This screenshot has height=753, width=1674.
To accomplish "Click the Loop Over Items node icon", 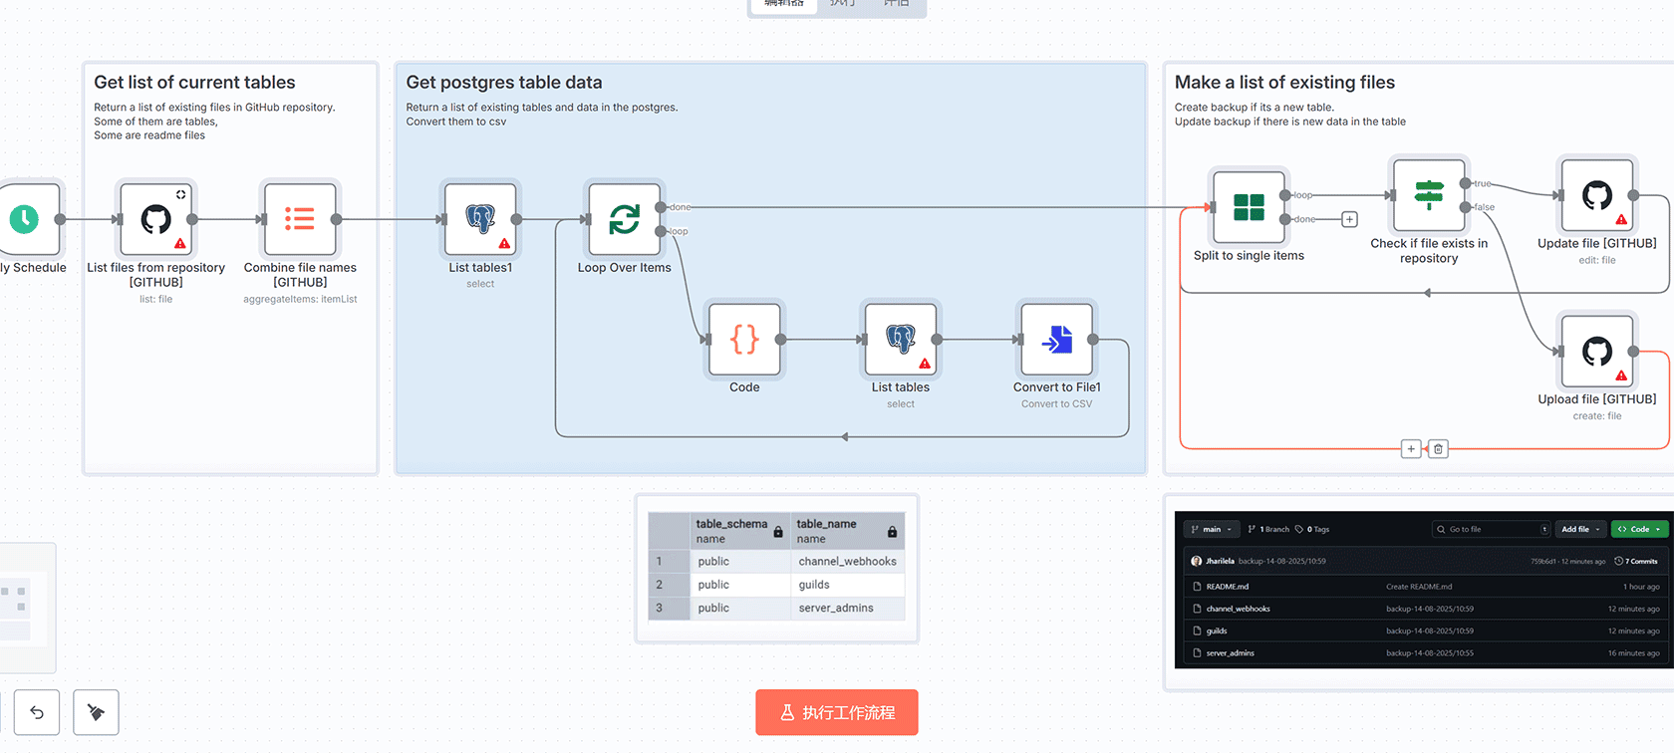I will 625,219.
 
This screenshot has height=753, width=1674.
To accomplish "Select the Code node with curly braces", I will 744,340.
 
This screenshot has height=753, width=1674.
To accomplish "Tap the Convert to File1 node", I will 1056,340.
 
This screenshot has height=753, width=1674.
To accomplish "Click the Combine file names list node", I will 300,219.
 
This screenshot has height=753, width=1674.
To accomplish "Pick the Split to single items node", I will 1249,207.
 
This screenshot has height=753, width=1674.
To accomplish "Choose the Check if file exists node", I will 1429,195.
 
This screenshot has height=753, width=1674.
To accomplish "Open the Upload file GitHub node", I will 1597,352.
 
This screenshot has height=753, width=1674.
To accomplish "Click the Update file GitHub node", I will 1597,195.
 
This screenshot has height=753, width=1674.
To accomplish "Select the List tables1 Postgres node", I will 480,219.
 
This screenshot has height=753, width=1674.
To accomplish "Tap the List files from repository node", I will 156,219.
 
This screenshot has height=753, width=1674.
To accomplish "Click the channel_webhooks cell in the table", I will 847,562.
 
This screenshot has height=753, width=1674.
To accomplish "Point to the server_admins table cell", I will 836,608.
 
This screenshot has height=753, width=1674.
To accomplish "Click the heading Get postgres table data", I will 504,83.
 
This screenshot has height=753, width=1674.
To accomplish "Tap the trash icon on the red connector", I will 1438,449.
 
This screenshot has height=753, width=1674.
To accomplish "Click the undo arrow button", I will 37,712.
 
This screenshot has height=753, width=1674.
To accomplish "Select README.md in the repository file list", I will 1228,587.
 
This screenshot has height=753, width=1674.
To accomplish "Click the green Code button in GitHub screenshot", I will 1639,529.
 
